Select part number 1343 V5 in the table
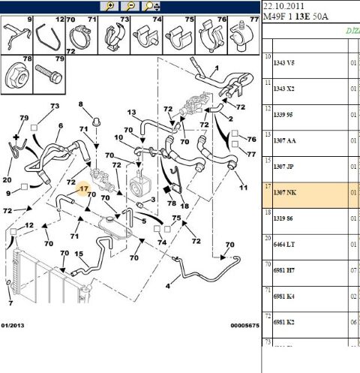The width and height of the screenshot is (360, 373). point(284,62)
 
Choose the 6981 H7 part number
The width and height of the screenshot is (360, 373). point(284,268)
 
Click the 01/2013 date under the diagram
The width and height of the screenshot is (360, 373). point(13,325)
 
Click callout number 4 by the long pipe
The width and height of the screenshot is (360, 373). point(167,286)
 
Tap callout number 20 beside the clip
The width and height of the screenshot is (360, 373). point(7,179)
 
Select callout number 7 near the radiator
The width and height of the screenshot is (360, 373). point(10,303)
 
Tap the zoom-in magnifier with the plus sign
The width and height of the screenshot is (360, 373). point(110,6)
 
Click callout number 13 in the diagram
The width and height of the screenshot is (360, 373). point(131,113)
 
